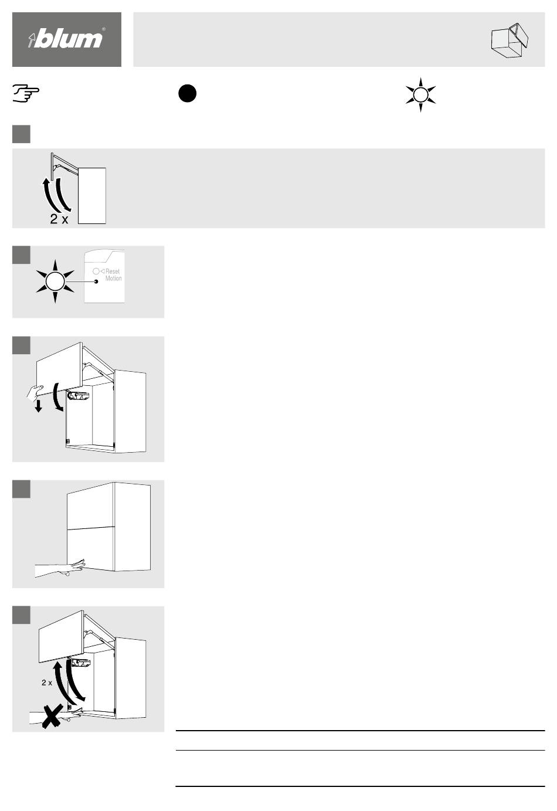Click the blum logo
pyautogui.click(x=67, y=38)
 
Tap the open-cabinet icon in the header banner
pyautogui.click(x=510, y=41)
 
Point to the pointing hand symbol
pyautogui.click(x=26, y=93)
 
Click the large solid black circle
pyautogui.click(x=187, y=93)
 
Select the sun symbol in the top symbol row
pyautogui.click(x=420, y=95)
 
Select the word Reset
pyautogui.click(x=113, y=271)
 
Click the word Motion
pyautogui.click(x=113, y=279)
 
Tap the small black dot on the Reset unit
pyautogui.click(x=96, y=281)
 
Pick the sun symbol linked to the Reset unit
pyautogui.click(x=55, y=281)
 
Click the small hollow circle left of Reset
pyautogui.click(x=96, y=271)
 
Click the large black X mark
pyautogui.click(x=52, y=716)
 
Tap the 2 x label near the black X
pyautogui.click(x=47, y=683)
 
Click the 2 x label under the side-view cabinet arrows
pyautogui.click(x=59, y=219)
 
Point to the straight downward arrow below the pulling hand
pyautogui.click(x=38, y=406)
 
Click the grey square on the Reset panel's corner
pyautogui.click(x=21, y=255)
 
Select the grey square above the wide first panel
pyautogui.click(x=21, y=134)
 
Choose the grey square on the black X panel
pyautogui.click(x=21, y=615)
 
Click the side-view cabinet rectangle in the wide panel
pyautogui.click(x=92, y=196)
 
